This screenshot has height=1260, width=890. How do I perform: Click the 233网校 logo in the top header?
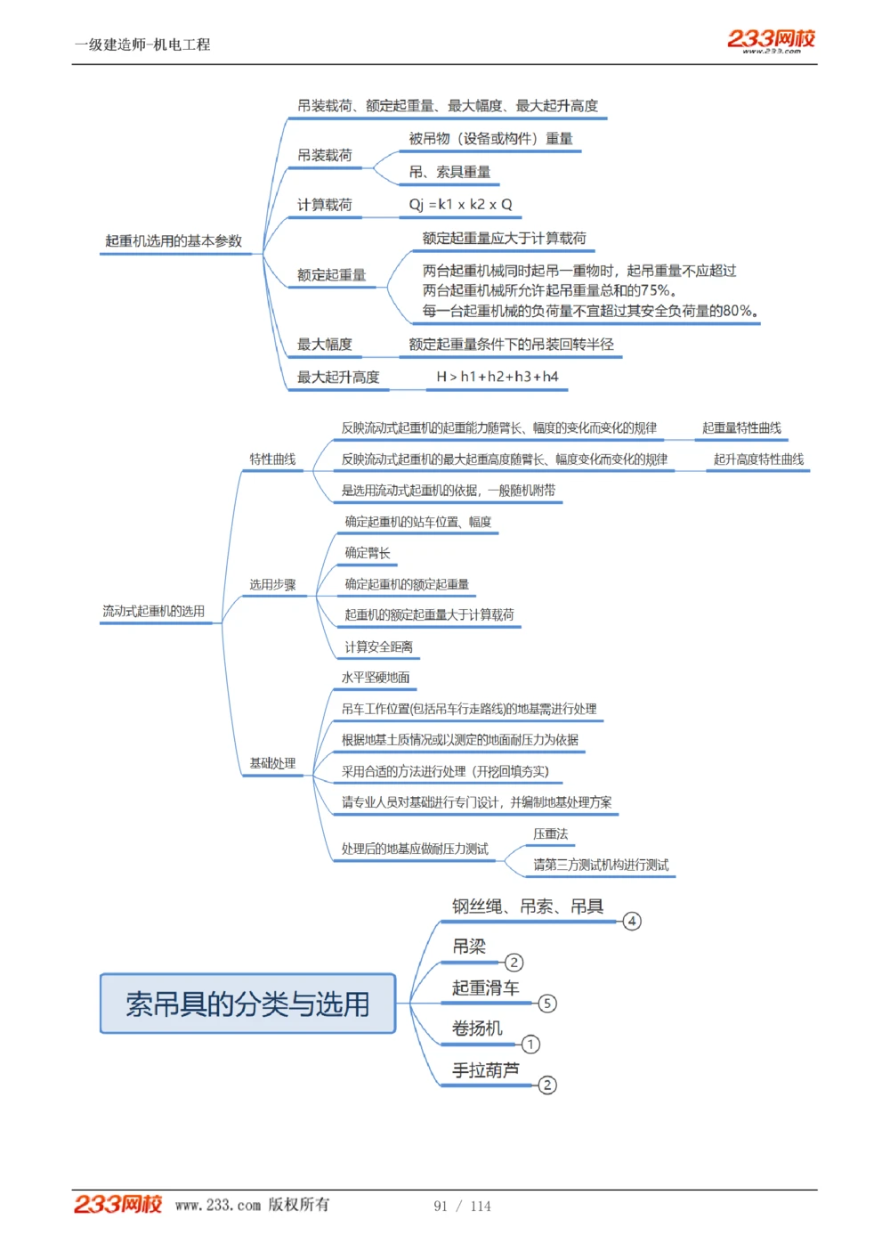(771, 40)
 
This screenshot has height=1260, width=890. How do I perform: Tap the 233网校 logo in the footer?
(117, 1204)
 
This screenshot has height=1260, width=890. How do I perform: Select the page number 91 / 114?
(462, 1206)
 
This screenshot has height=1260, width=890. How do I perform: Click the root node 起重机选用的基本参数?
(174, 240)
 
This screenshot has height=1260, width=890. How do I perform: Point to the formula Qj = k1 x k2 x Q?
(460, 204)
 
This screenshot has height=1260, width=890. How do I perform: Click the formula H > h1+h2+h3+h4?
(497, 377)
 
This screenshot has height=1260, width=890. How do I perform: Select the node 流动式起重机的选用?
(153, 611)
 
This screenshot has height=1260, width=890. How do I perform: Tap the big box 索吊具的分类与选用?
(247, 1004)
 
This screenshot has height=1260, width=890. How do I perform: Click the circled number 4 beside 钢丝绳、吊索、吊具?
(632, 921)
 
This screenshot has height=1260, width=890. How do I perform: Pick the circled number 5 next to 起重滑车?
(547, 1004)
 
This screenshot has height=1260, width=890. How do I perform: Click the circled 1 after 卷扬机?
(530, 1044)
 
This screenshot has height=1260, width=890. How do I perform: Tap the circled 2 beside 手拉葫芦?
(547, 1085)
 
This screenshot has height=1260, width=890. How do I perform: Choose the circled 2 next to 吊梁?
(514, 963)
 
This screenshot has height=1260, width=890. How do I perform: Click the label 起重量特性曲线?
(741, 428)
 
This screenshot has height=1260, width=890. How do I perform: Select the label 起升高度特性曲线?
(758, 459)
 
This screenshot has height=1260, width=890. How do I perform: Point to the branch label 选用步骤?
(272, 585)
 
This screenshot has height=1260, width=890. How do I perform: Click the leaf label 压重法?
(550, 833)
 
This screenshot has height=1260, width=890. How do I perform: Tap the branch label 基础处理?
(272, 763)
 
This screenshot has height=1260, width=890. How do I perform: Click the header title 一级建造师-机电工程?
(142, 45)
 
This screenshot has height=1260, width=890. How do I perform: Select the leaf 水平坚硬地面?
(376, 678)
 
